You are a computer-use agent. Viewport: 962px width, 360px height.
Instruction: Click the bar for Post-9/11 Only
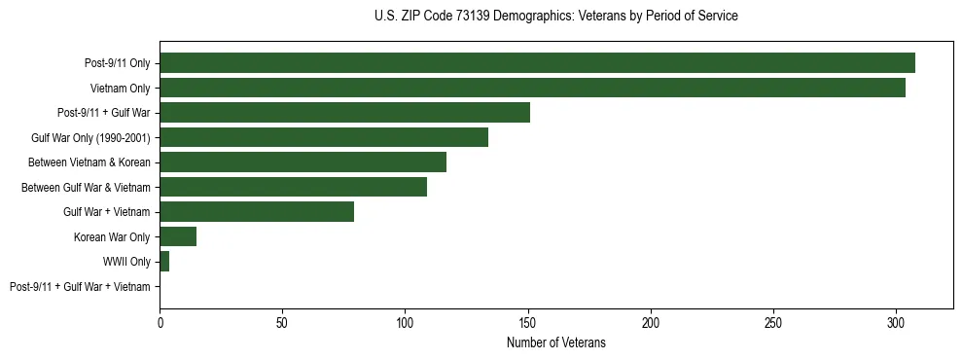pyautogui.click(x=537, y=63)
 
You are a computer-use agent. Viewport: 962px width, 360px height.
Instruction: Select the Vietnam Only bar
pyautogui.click(x=532, y=88)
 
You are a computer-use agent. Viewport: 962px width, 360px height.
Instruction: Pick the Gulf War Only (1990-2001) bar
pyautogui.click(x=324, y=137)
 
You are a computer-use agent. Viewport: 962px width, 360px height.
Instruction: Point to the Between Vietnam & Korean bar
pyautogui.click(x=303, y=162)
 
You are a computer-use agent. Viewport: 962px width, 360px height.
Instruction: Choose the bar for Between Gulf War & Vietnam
pyautogui.click(x=293, y=187)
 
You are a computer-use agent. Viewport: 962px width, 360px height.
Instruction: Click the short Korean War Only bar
pyautogui.click(x=178, y=236)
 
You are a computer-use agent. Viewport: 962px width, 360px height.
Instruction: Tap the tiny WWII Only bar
pyautogui.click(x=164, y=262)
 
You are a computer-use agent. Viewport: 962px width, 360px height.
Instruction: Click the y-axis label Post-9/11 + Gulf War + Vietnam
pyautogui.click(x=80, y=287)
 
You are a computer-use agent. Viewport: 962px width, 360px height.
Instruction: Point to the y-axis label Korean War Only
pyautogui.click(x=112, y=236)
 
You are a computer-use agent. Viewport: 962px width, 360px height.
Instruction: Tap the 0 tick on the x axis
pyautogui.click(x=160, y=321)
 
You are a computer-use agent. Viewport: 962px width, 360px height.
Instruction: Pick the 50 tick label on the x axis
pyautogui.click(x=282, y=321)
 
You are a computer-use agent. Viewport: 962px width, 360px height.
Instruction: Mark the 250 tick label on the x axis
pyautogui.click(x=773, y=321)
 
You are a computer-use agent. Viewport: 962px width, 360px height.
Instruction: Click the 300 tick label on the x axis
pyautogui.click(x=896, y=321)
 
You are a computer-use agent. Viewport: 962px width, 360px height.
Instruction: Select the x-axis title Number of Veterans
pyautogui.click(x=555, y=342)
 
